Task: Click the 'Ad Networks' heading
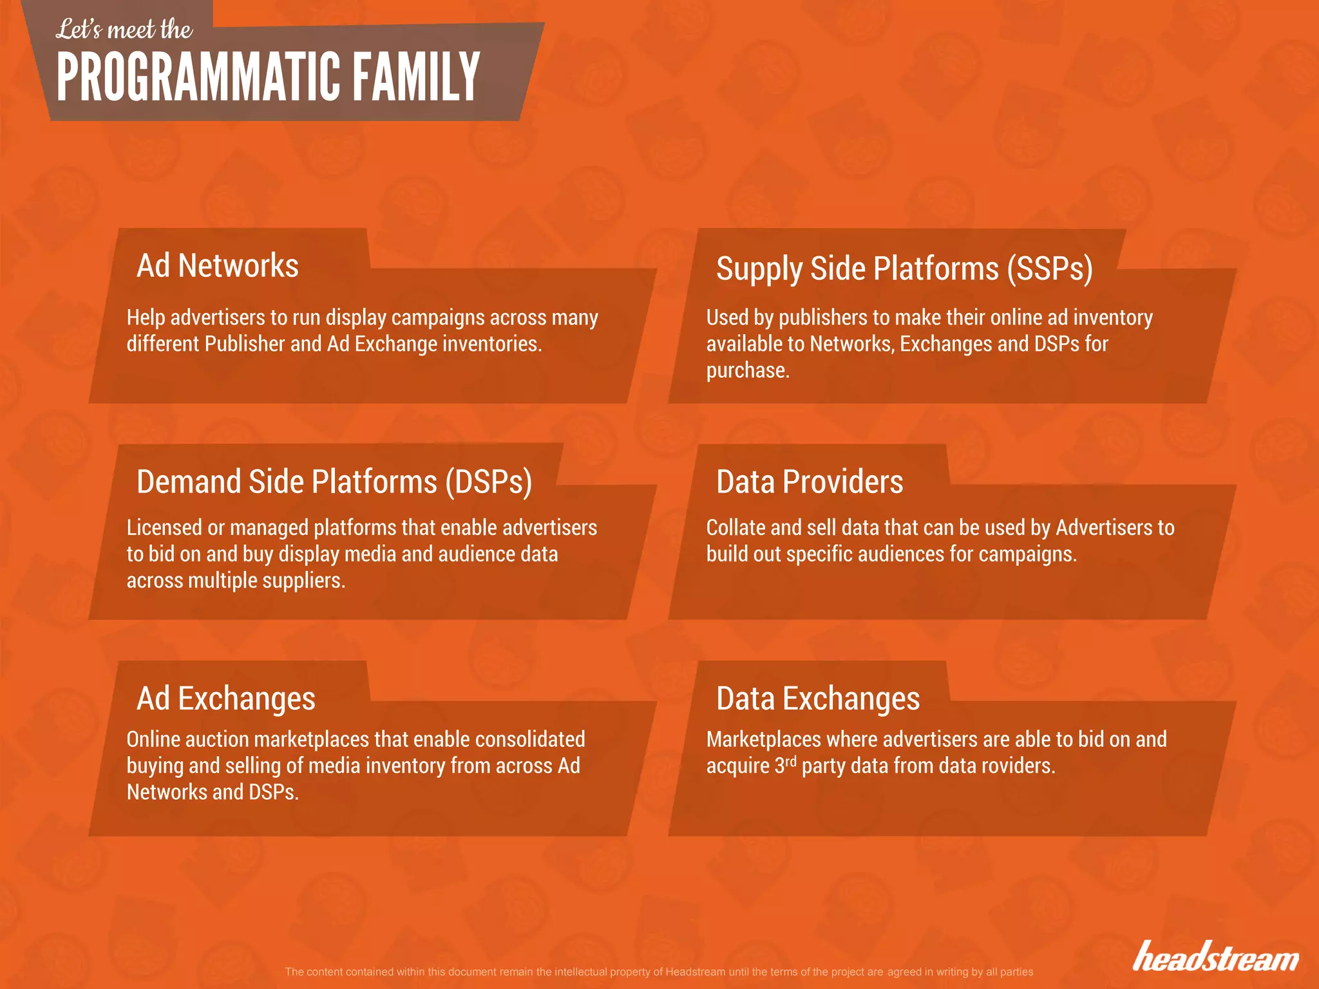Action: coord(218,265)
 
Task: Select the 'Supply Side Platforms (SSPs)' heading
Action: coord(904,268)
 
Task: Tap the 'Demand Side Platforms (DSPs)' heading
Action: coord(334,482)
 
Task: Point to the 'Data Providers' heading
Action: coord(810,482)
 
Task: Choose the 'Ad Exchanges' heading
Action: coord(226,698)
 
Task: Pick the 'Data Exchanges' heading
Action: coord(818,698)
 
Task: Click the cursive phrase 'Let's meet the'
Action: coord(124,30)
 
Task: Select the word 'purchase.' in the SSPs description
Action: coord(748,370)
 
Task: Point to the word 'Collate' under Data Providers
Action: coord(735,527)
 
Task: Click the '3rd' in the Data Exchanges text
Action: coord(785,764)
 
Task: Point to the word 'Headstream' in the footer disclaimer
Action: coord(695,972)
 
